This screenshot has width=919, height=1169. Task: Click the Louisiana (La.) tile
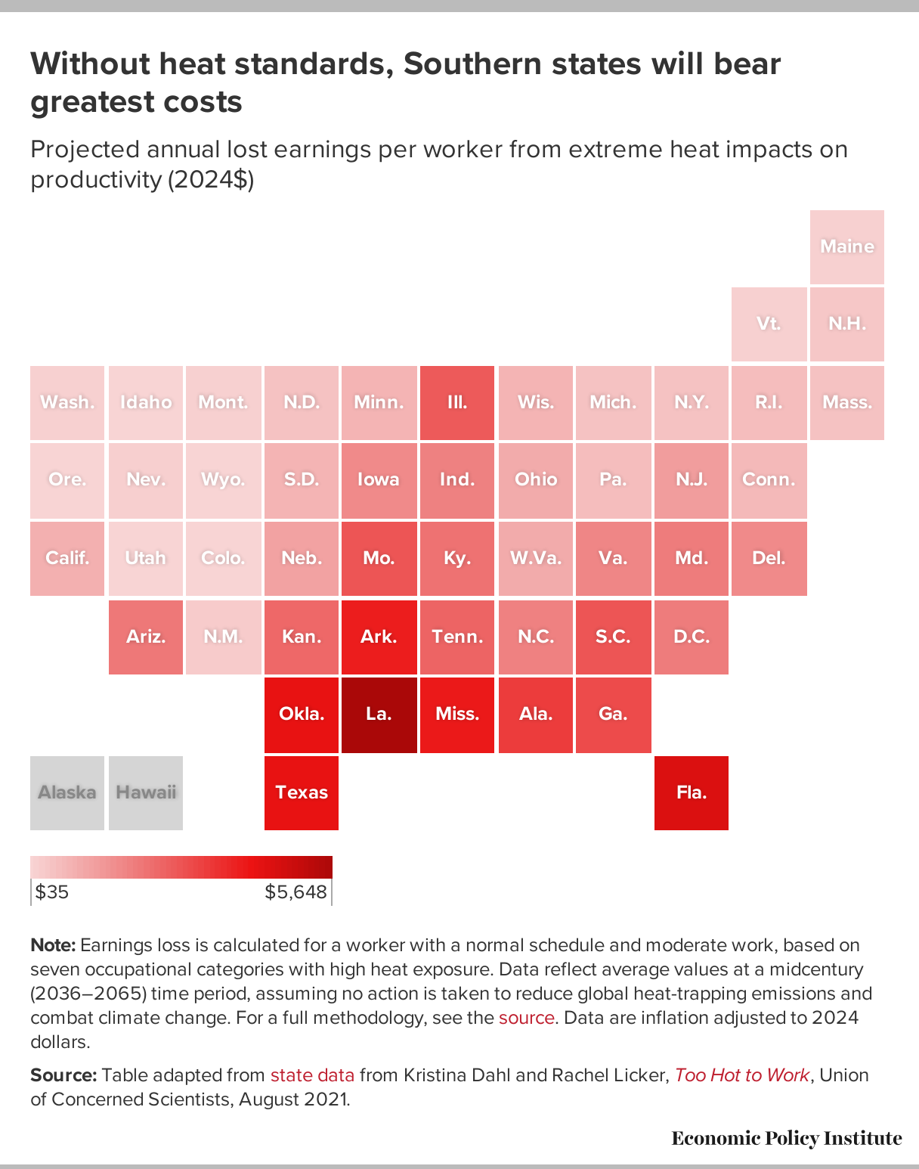[x=379, y=715]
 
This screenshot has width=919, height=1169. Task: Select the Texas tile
[x=302, y=792]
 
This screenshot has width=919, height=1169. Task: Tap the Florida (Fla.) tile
[x=692, y=792]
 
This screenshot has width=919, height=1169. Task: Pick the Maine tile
[x=846, y=247]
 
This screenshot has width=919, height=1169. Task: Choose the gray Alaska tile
[x=67, y=792]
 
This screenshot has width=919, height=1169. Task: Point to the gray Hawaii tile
[x=146, y=792]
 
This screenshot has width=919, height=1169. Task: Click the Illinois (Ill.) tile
[x=456, y=402]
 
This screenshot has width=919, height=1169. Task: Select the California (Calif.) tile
[x=67, y=558]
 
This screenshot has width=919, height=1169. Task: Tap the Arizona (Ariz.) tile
[x=146, y=637]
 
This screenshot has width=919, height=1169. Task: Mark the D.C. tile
[x=692, y=637]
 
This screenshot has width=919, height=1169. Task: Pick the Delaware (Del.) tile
[x=769, y=558]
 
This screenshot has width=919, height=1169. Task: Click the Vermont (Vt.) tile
[x=769, y=324]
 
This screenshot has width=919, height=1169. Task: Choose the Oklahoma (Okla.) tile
[x=302, y=715]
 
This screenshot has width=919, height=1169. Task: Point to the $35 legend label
[x=52, y=892]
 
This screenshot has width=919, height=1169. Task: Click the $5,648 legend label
[x=296, y=892]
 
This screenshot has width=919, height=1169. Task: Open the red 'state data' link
[x=312, y=1075]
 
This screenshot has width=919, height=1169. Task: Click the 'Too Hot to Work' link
[x=741, y=1075]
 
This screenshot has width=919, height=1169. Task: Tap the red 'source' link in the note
[x=527, y=1018]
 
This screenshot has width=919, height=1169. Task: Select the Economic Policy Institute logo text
[x=787, y=1139]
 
